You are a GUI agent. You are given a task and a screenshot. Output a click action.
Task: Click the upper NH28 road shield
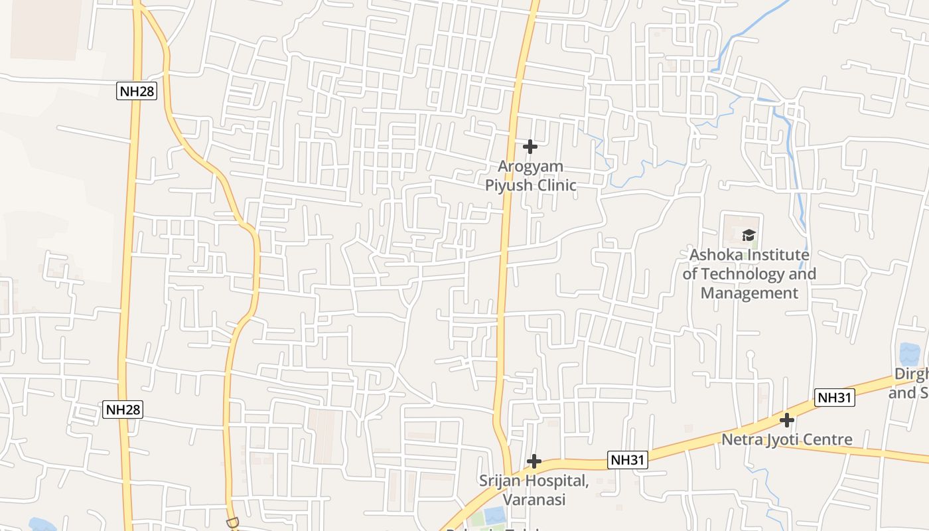tap(137, 91)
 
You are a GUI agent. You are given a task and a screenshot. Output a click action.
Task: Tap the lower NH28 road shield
tap(123, 410)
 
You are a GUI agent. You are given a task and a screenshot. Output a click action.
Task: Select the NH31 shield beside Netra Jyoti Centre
tap(835, 398)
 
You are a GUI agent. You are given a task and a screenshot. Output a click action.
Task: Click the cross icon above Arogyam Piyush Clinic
tap(530, 146)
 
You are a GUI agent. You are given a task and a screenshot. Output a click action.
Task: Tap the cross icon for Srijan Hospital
tap(534, 461)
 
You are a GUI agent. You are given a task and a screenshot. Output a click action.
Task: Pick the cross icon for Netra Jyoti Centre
tap(787, 420)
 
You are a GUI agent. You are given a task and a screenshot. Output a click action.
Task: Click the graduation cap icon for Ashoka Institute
tap(749, 234)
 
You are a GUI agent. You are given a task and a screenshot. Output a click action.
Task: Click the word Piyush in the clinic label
tap(508, 185)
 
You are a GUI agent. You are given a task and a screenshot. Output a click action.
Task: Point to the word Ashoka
tap(716, 255)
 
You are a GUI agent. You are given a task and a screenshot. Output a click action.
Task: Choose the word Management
tap(749, 293)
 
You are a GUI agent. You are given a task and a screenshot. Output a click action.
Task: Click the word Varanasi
tap(534, 499)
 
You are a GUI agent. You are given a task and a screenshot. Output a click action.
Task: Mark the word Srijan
tap(504, 481)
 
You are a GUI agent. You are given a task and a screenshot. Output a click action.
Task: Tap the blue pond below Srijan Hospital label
tap(494, 515)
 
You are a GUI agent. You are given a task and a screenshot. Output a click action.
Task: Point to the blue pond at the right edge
tap(908, 354)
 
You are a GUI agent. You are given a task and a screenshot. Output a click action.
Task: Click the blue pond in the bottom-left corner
tap(41, 525)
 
